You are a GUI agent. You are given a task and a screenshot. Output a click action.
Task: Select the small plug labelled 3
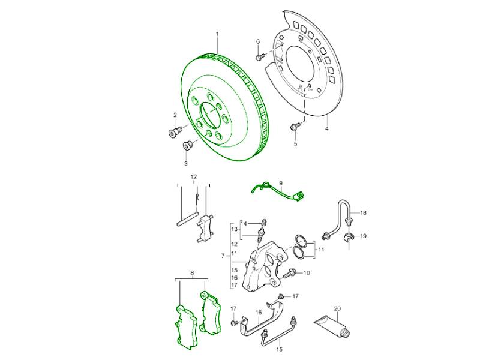(187, 145)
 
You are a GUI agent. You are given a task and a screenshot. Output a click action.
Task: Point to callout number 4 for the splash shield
(327, 128)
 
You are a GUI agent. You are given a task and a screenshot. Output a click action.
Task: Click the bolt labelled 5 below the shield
(295, 127)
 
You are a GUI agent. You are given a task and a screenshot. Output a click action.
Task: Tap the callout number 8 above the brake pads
(192, 273)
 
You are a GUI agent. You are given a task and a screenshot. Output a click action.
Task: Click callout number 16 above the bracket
(259, 313)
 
